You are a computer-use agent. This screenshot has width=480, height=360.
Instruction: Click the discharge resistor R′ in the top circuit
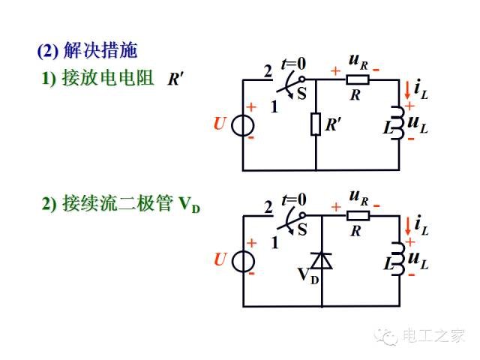point(316,124)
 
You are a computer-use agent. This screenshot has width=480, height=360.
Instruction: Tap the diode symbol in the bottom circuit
point(322,260)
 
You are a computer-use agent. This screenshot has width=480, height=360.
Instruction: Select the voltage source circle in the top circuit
point(243,125)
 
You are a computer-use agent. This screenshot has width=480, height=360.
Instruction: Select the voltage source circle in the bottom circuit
point(243,261)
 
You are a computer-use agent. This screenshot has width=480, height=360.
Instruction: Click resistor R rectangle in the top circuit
point(358,79)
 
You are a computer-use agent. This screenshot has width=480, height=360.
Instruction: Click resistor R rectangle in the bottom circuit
point(358,216)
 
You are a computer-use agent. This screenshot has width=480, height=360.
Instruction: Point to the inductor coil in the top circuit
point(398,123)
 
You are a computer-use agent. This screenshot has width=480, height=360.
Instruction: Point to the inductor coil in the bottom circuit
point(398,259)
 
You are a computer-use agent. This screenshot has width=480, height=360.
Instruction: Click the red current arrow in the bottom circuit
point(407,226)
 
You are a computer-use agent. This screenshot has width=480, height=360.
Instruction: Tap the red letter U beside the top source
point(220,124)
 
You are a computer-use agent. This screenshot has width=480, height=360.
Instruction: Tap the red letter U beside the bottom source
point(220,259)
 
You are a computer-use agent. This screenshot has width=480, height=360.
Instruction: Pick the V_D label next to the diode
point(308,276)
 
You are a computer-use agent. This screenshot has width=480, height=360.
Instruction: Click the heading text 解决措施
point(100,50)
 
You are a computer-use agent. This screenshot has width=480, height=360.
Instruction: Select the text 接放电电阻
point(108,78)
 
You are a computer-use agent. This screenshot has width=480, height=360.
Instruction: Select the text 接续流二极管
point(118,203)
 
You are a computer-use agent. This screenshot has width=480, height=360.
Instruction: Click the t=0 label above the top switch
point(293,64)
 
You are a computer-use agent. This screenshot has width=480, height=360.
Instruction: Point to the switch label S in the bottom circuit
point(302,229)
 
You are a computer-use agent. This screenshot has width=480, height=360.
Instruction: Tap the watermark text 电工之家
point(433,336)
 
